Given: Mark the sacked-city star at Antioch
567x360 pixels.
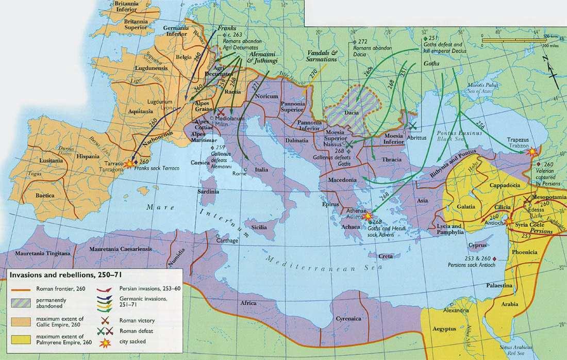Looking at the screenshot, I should pos(510,221).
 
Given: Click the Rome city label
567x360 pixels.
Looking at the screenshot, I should pos(239,173).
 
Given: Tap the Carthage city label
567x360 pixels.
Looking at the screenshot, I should pos(227,240).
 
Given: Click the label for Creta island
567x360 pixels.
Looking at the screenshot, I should pos(386,256).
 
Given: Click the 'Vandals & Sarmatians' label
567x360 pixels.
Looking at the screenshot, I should pos(322,56).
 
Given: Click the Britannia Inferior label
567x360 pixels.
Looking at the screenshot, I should pos(120,6).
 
